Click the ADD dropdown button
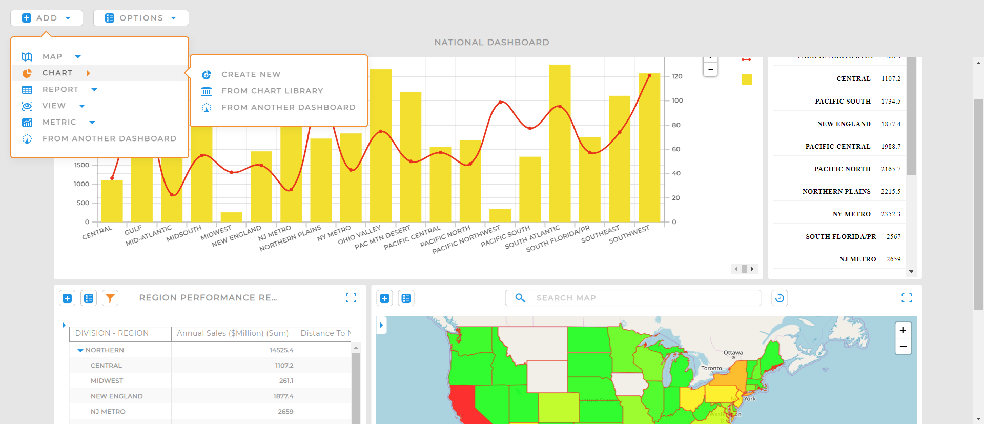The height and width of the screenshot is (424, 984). pos(46,18)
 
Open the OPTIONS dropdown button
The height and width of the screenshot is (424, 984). pos(141,18)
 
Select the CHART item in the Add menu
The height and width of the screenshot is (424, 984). pos(57,73)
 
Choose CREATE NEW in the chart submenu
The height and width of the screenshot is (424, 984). pos(251,74)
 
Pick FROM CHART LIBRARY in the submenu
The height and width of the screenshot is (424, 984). pos(272,91)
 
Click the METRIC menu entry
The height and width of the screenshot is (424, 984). pos(59,122)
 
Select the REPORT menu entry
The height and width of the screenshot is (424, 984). pos(60,89)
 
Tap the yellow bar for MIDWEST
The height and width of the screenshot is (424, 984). pos(231,217)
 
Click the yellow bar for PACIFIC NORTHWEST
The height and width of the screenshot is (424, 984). pos(500,215)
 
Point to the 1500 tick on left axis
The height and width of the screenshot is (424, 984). pos(81,165)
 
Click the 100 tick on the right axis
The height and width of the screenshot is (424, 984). pos(677,100)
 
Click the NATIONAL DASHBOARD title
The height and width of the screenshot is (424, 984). pos(491,42)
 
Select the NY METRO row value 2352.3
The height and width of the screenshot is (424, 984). pos(890,214)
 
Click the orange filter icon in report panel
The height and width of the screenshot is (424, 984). pos(110,298)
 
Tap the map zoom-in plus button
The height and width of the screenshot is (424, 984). pos(903,330)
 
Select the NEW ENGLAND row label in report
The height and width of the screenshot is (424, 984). pos(116,396)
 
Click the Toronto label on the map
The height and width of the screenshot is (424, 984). pos(711,368)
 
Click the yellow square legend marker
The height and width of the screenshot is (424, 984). pos(746,79)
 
